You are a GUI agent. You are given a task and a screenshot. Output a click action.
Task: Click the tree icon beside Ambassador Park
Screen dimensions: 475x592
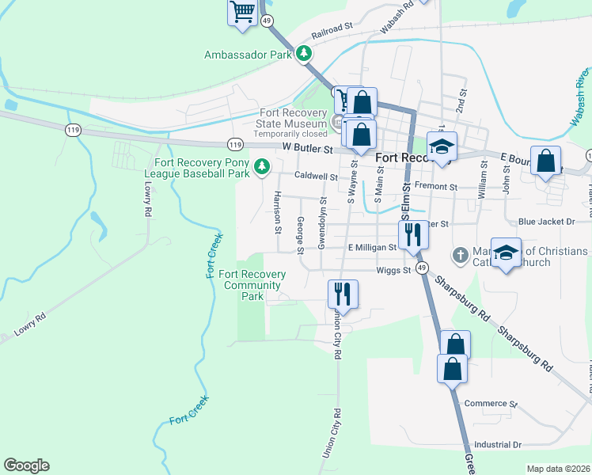tap(304, 55)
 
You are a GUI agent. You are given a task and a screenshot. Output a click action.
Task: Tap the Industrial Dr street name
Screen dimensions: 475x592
tap(498, 446)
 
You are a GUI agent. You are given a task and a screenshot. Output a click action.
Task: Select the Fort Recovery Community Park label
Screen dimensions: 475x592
tap(252, 285)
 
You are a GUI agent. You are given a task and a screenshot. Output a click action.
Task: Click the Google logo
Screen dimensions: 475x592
tap(26, 465)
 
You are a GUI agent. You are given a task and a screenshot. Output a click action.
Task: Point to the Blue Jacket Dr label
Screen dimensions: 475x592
tap(552, 223)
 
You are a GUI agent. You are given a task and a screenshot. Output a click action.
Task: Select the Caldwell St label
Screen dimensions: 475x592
tap(316, 177)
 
